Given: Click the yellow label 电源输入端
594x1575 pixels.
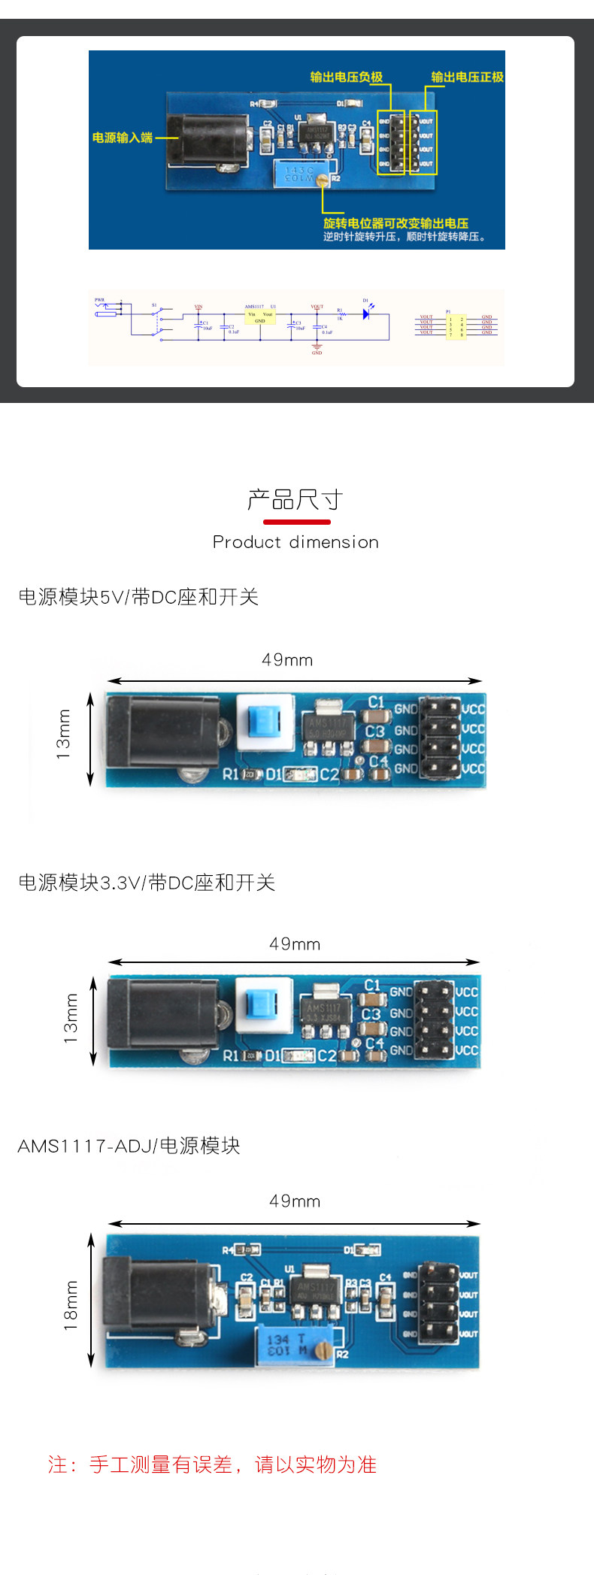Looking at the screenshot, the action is [123, 138].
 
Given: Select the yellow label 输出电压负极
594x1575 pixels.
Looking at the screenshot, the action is [347, 77].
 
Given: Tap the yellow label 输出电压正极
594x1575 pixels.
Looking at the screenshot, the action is [467, 77].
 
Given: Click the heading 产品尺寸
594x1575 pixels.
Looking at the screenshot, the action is [295, 500].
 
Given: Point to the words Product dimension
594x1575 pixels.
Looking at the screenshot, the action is [295, 542].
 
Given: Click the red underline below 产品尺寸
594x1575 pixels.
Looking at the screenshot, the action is [297, 522].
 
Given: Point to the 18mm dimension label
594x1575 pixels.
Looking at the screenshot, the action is [71, 1305].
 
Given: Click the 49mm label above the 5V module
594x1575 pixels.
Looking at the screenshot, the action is [287, 660].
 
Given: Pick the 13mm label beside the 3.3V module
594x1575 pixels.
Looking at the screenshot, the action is [71, 1019].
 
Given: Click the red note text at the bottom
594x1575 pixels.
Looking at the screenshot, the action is [212, 1464].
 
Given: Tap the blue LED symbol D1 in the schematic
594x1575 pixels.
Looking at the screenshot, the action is [366, 313].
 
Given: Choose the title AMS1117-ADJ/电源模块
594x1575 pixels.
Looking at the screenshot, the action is [129, 1146].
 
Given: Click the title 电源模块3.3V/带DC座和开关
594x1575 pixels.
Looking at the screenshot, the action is [147, 883].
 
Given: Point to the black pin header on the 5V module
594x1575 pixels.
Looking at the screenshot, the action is [440, 737].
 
